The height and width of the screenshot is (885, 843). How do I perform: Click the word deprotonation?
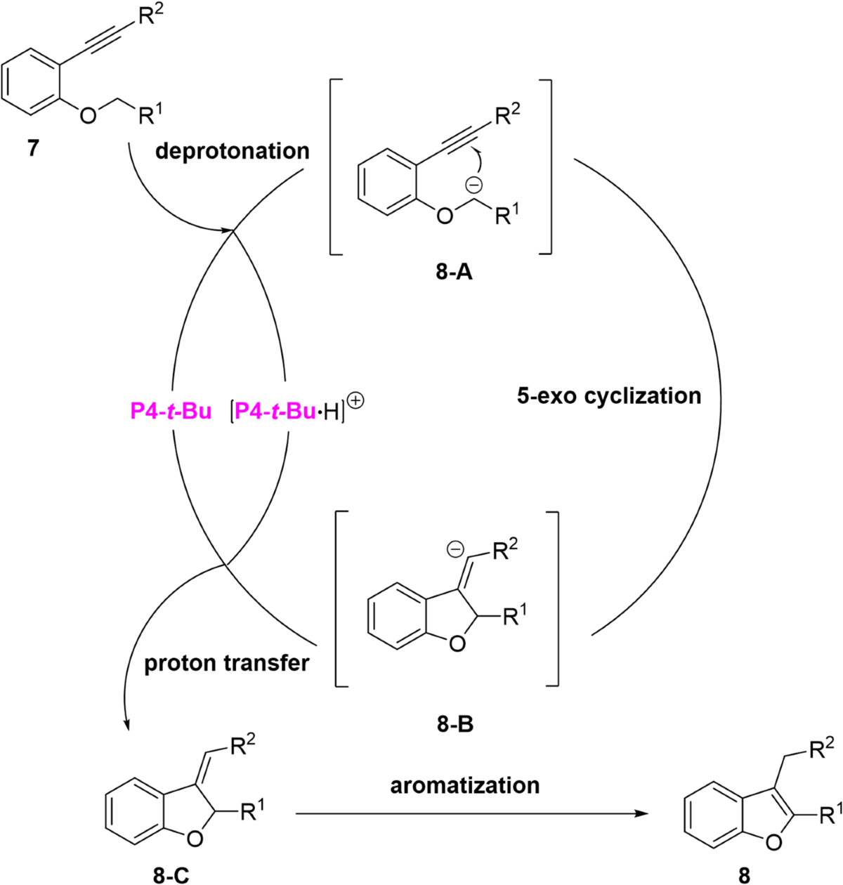tap(233, 150)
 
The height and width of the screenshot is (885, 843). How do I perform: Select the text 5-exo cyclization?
tap(608, 395)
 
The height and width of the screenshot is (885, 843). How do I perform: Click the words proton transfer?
tap(227, 663)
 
